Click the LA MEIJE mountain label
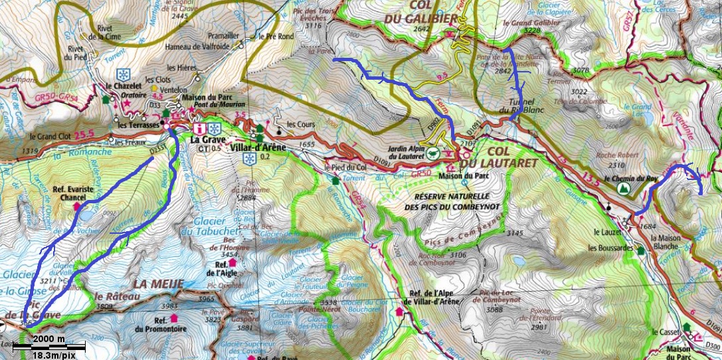point(157,284)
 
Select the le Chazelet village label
point(124,86)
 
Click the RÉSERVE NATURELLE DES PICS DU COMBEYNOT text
point(452,202)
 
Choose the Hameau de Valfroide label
point(203,46)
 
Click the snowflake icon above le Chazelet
point(123,73)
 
